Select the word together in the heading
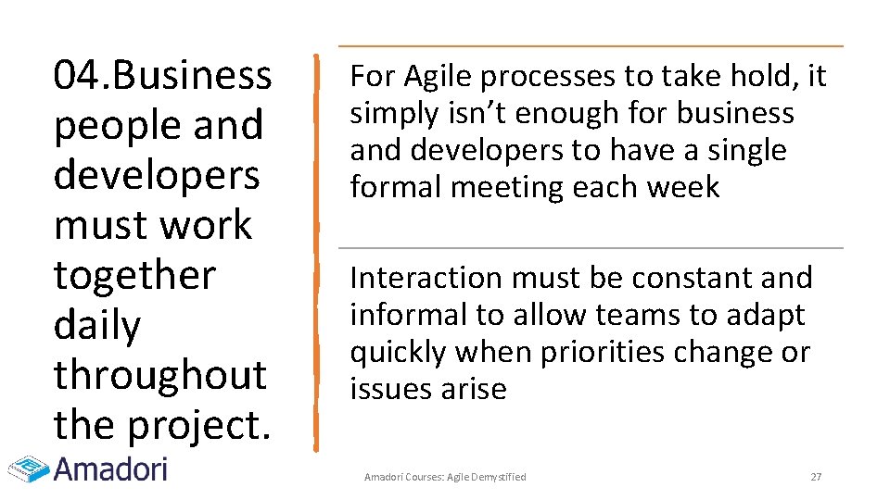pyautogui.click(x=134, y=275)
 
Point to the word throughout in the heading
pyautogui.click(x=159, y=375)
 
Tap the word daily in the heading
pyautogui.click(x=97, y=325)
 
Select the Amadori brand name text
pyautogui.click(x=110, y=469)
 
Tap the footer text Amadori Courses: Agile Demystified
pyautogui.click(x=445, y=477)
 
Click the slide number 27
pyautogui.click(x=816, y=477)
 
